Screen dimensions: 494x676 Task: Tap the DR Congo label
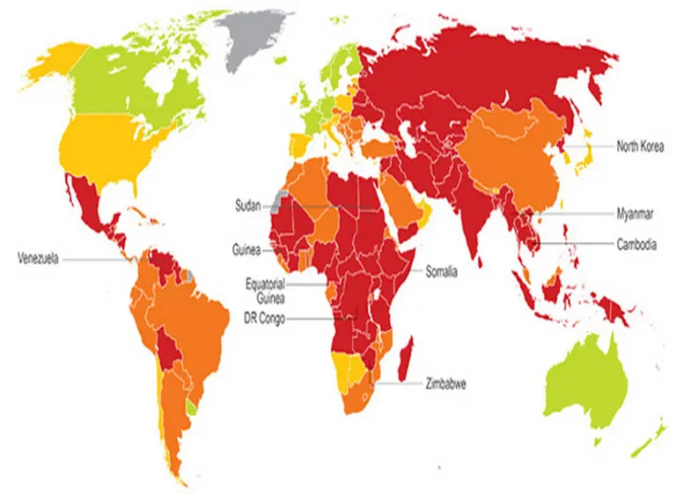(x=264, y=318)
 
